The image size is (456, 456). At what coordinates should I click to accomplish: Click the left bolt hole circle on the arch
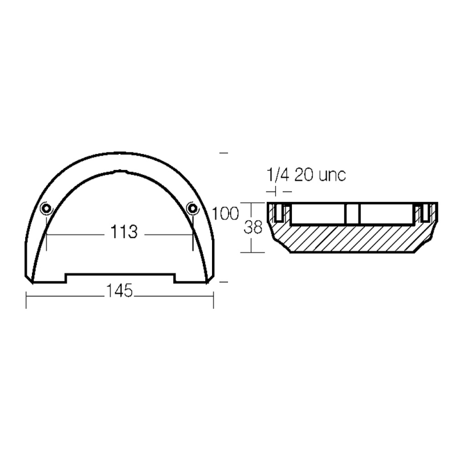(x=47, y=207)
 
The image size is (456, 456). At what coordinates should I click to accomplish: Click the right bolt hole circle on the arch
(x=193, y=207)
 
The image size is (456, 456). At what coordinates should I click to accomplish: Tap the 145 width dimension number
(x=119, y=291)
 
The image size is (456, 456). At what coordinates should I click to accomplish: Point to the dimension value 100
(x=225, y=214)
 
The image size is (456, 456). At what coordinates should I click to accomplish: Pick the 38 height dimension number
(x=254, y=227)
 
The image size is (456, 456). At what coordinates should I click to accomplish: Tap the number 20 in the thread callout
(x=303, y=175)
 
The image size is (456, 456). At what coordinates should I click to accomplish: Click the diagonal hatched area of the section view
(x=353, y=237)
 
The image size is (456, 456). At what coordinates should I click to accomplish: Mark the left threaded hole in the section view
(x=279, y=213)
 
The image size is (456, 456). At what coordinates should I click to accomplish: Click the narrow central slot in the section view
(x=352, y=214)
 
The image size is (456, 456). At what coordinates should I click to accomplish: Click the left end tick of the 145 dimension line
(x=27, y=300)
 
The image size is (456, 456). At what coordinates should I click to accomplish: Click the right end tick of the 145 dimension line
(x=213, y=300)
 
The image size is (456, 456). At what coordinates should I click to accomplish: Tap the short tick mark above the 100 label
(x=223, y=153)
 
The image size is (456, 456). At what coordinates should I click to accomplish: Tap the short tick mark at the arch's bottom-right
(x=223, y=281)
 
